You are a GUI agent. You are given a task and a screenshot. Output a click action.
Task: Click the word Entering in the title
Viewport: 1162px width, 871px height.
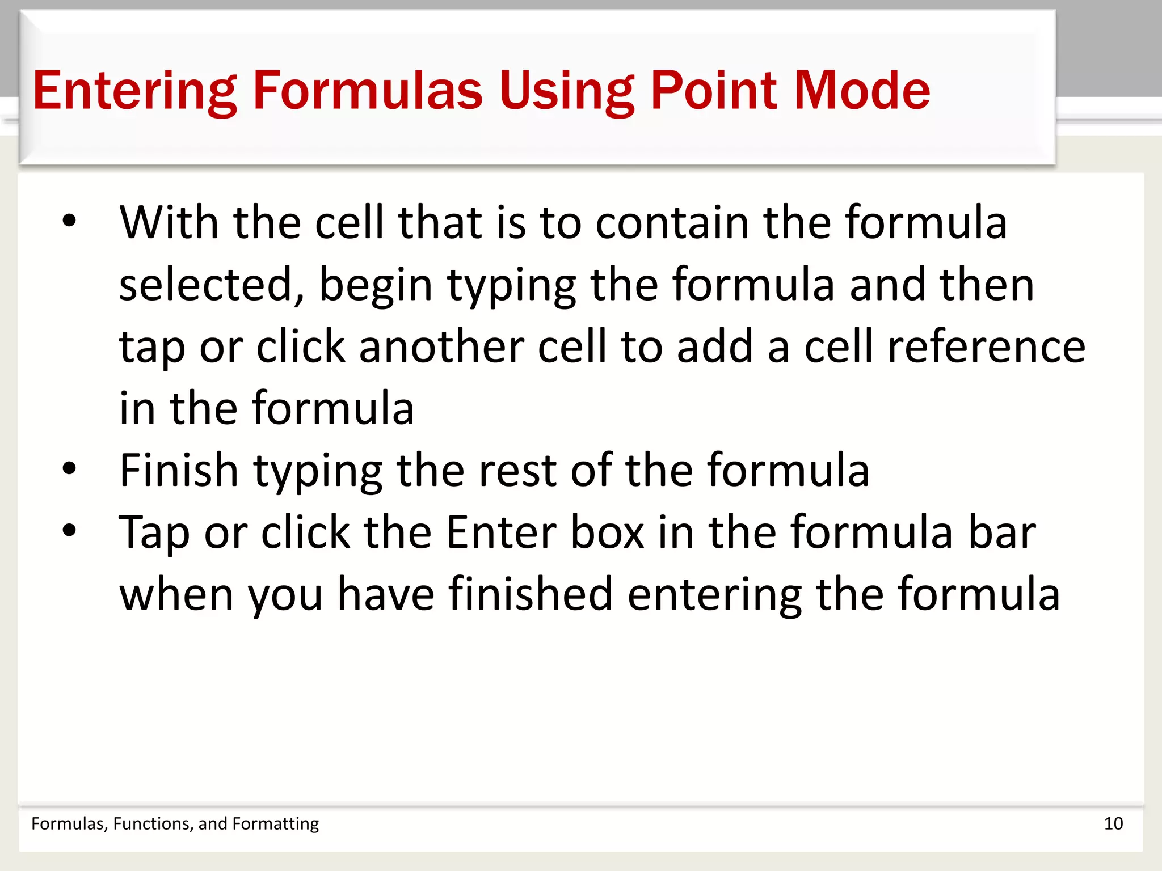coord(134,91)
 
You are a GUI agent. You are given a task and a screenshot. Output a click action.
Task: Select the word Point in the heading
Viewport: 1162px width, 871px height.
coord(714,91)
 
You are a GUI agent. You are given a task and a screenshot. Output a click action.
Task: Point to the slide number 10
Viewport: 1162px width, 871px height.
coord(1113,823)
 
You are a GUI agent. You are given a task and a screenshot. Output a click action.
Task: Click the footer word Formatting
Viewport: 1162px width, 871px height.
coord(276,823)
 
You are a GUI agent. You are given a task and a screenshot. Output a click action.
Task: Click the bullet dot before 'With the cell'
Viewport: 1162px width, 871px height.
coord(69,221)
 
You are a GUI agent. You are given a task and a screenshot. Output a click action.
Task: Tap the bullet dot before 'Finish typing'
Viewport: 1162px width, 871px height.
coord(69,469)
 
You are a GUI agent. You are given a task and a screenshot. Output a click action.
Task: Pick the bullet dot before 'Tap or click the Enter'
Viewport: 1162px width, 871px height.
coord(69,531)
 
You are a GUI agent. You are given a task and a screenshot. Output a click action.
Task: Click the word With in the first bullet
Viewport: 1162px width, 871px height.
coord(169,222)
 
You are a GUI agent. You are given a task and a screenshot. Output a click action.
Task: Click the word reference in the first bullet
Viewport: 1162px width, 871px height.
coord(987,347)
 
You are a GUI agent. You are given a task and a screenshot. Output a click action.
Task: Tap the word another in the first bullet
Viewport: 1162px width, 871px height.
coord(441,347)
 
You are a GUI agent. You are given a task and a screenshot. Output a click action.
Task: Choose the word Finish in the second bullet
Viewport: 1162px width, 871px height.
coord(179,470)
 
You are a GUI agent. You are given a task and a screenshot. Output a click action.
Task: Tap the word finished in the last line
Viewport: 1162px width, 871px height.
coord(531,594)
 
